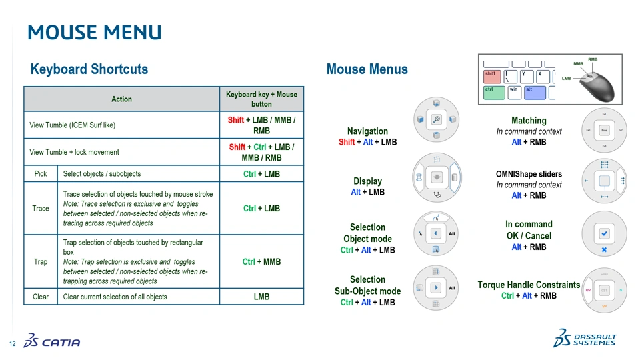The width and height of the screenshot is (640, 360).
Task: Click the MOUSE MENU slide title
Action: (x=94, y=32)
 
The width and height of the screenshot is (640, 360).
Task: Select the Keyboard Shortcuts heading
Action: (x=89, y=69)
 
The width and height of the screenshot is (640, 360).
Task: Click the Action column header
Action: (x=121, y=99)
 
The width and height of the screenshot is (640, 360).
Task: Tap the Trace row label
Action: (x=41, y=209)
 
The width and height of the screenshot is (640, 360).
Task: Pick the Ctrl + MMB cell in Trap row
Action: (x=261, y=261)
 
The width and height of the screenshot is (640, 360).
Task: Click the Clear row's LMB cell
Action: (x=261, y=297)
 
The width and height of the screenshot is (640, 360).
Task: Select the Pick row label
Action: (x=41, y=174)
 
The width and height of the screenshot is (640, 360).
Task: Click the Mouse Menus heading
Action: (x=367, y=69)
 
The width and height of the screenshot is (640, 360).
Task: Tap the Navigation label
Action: (x=367, y=131)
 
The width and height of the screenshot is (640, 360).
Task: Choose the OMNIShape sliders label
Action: (x=529, y=174)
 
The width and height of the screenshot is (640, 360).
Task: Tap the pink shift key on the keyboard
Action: (x=492, y=76)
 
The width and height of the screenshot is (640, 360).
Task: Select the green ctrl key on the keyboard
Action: (x=493, y=92)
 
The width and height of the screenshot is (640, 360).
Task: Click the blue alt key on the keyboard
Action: (x=534, y=92)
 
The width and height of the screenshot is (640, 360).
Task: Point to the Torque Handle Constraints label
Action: (x=529, y=285)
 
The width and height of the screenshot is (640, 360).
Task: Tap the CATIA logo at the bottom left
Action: (x=52, y=341)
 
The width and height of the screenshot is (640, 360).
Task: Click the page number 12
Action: (x=12, y=343)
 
